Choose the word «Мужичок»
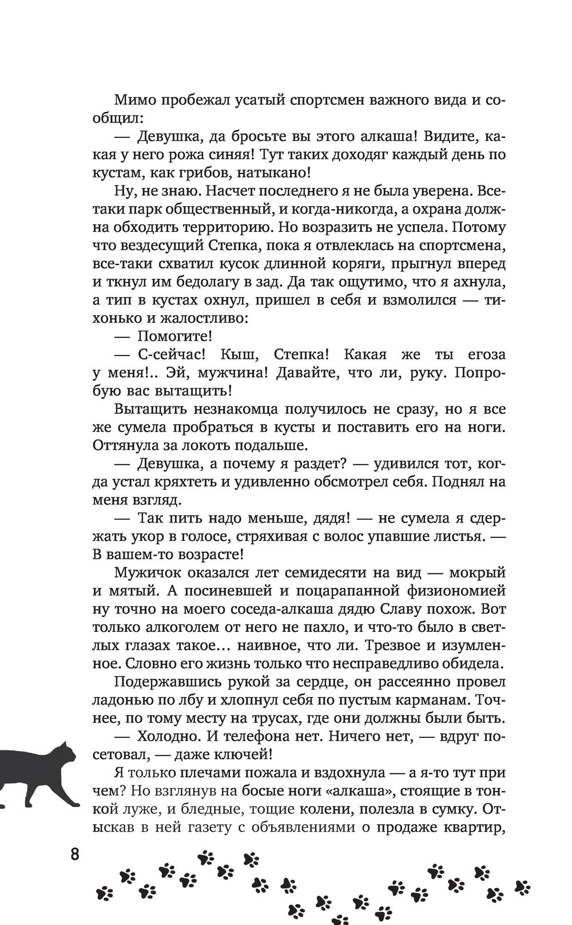pos(148,572)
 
